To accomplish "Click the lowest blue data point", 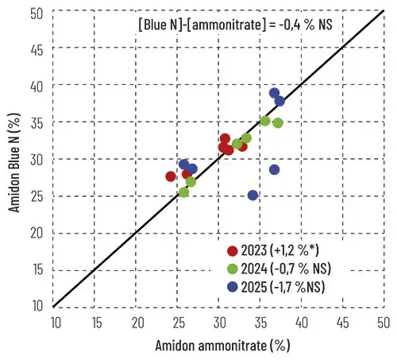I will pyautogui.click(x=252, y=195).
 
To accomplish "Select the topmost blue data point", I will pyautogui.click(x=274, y=93).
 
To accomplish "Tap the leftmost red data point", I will pyautogui.click(x=171, y=176).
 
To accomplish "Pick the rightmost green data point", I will pyautogui.click(x=278, y=123).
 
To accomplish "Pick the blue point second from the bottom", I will pyautogui.click(x=275, y=169).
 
